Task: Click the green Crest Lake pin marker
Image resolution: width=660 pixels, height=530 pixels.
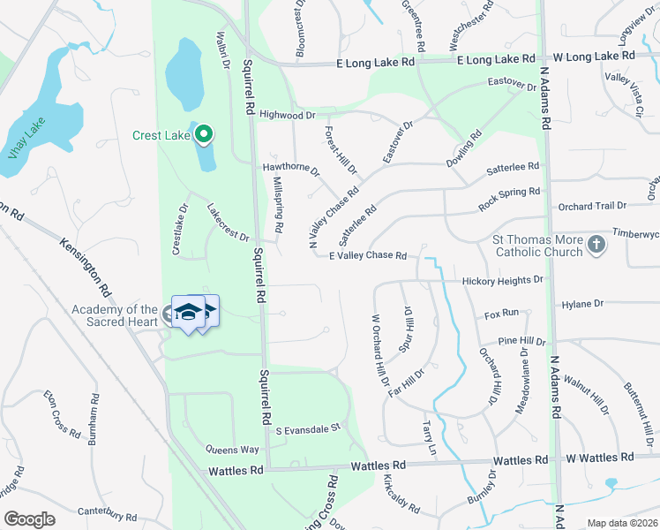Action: coord(204,134)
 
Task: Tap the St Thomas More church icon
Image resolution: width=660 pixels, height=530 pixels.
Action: coord(596,245)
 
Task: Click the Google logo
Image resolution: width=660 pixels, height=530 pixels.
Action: coord(29,519)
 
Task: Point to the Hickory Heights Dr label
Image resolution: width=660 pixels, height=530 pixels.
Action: coord(503,281)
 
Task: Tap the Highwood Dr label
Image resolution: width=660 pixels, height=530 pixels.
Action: coord(287,115)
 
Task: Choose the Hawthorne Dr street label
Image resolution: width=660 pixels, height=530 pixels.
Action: coord(290,168)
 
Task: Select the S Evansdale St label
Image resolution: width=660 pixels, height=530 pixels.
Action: coord(308,429)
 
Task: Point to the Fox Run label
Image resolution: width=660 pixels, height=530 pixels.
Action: coord(501,314)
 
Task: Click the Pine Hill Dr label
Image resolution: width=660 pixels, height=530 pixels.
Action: coord(521,341)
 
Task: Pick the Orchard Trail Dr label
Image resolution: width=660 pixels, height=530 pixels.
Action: coord(592,206)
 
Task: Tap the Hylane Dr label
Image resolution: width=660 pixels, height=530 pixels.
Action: coord(581,304)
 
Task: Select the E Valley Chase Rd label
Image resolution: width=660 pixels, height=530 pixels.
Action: coord(367,256)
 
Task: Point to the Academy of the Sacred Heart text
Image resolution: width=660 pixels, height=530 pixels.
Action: coord(115,314)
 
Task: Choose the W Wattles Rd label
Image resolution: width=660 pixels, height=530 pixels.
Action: coord(599,457)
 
